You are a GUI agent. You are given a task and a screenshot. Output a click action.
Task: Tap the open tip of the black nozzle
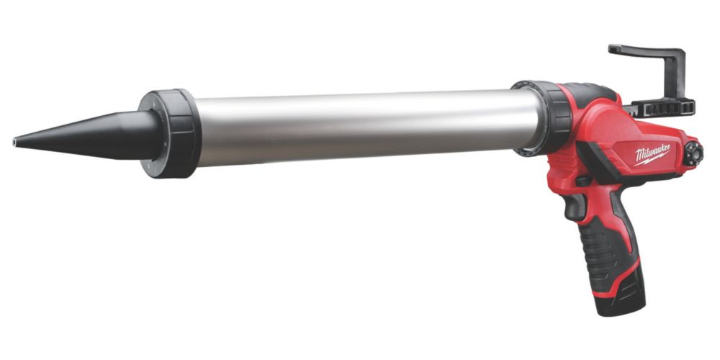[x=14, y=142]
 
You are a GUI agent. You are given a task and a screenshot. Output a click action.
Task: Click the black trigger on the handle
[x=574, y=207]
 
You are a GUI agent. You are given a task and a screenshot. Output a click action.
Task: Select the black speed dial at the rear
[x=693, y=154]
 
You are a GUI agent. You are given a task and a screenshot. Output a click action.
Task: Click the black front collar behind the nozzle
[x=171, y=133]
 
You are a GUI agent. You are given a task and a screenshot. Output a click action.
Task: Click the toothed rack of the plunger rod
[x=661, y=109]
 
